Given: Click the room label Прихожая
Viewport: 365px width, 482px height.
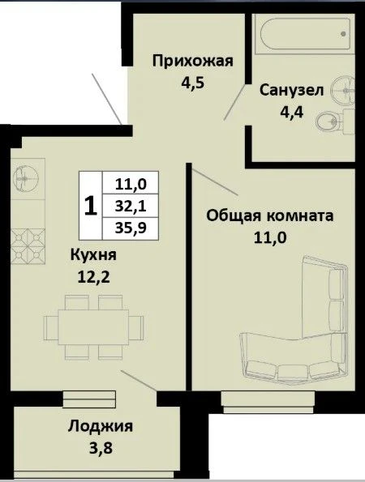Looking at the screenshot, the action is tap(193, 62).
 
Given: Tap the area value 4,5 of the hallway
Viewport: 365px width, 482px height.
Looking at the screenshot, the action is tap(193, 83).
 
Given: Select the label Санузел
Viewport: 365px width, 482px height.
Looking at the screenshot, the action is tap(291, 91).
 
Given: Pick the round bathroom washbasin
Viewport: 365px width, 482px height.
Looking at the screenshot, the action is tap(343, 90).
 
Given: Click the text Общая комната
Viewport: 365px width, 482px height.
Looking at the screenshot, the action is tap(270, 215).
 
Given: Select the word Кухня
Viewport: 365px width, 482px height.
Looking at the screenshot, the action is tap(93, 255).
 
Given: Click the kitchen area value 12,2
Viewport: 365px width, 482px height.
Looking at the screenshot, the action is tap(93, 278).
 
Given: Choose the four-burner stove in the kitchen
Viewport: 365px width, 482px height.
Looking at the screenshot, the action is tap(28, 246).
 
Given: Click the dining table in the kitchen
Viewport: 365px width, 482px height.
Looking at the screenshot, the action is tap(93, 327).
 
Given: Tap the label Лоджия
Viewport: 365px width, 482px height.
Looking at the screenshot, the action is tap(101, 426).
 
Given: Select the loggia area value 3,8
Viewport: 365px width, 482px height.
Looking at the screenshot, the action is tap(101, 448).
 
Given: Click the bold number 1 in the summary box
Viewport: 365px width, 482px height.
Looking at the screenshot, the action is tap(91, 206).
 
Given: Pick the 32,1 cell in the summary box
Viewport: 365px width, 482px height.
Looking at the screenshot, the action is tap(131, 207).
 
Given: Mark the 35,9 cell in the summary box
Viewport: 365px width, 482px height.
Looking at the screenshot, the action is tap(131, 228).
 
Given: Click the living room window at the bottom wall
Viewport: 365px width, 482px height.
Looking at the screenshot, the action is tap(268, 402).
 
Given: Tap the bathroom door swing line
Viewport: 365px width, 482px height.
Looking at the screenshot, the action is tap(235, 101).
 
